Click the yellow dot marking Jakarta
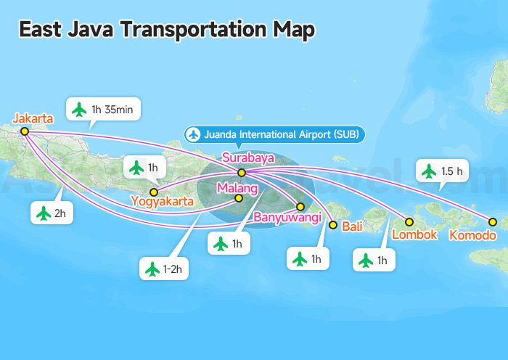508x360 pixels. (25, 131)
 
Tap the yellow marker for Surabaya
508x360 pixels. (242, 173)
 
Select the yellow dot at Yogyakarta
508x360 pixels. (153, 192)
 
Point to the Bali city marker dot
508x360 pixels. (333, 225)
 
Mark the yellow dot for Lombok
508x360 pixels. (409, 222)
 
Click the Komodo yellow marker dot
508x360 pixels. (493, 222)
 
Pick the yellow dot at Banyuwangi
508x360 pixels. (300, 207)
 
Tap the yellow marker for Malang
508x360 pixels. (239, 198)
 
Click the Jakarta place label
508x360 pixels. (33, 118)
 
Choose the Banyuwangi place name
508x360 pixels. (287, 217)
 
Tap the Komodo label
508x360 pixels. (473, 235)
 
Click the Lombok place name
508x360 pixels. (414, 234)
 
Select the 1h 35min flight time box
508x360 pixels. (103, 110)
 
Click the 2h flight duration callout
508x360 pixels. (52, 213)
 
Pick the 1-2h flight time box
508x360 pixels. (165, 269)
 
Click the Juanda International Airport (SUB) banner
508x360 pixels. (274, 134)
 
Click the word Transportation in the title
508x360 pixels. (182, 30)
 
